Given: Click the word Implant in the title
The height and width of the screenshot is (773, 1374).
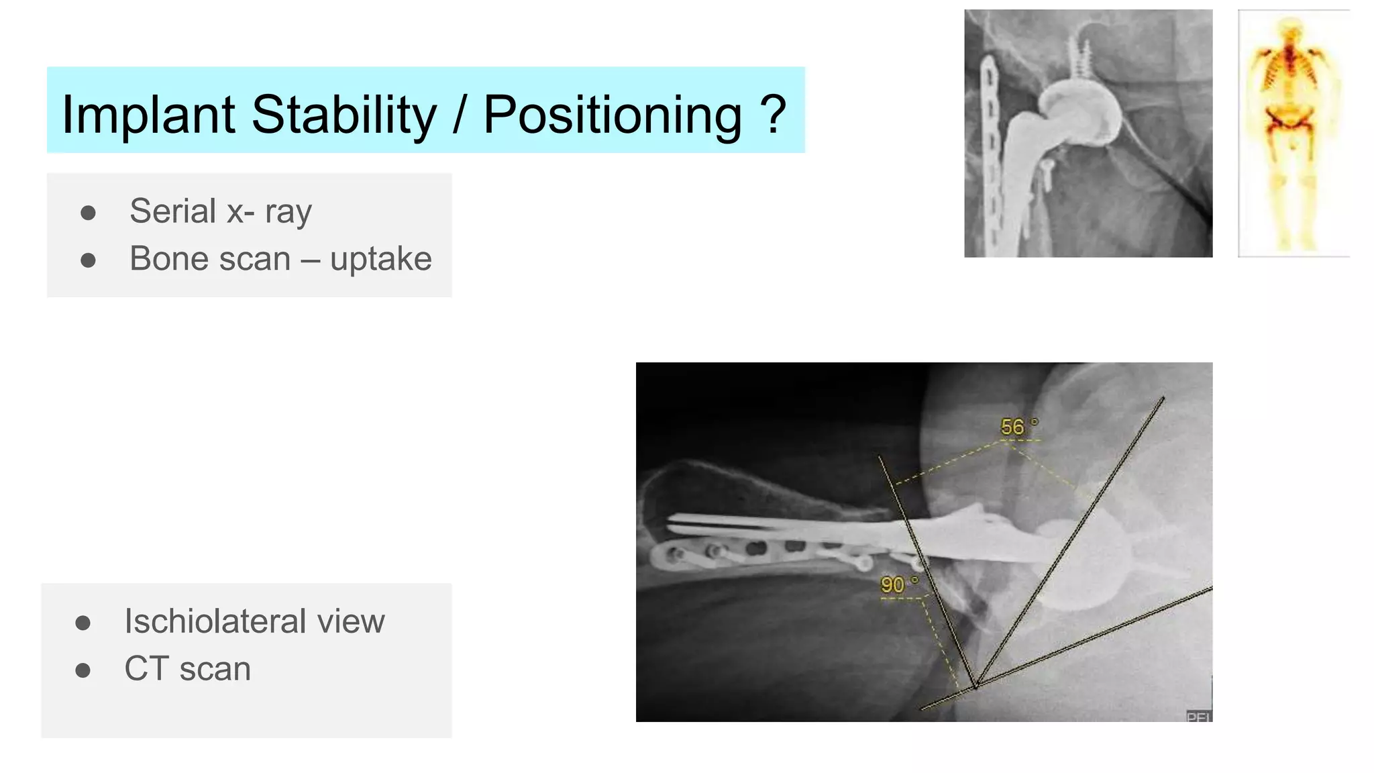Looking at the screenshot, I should click(x=148, y=115).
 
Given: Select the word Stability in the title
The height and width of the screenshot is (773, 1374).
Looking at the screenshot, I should click(x=343, y=115).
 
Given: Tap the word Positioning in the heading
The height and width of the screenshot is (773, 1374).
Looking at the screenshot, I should click(x=612, y=115).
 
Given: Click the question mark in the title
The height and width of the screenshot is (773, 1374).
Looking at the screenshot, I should click(x=774, y=113).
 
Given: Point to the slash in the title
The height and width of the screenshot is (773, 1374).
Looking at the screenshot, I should click(x=460, y=115).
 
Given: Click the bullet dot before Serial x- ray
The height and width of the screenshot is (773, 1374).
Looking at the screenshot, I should click(x=88, y=213).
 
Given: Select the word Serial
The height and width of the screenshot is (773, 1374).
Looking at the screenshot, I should click(x=172, y=211).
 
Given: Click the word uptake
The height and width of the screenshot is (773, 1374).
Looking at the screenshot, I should click(x=380, y=259).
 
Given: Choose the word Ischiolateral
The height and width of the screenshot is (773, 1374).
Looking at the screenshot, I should click(x=213, y=621).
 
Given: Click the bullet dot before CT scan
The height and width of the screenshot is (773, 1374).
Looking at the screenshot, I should click(x=83, y=670).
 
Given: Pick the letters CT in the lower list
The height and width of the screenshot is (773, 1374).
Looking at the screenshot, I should click(x=146, y=668).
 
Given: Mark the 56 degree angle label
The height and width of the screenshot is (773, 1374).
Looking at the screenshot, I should click(x=1014, y=427).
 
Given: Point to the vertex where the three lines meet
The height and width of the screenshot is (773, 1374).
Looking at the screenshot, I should click(x=975, y=686).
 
